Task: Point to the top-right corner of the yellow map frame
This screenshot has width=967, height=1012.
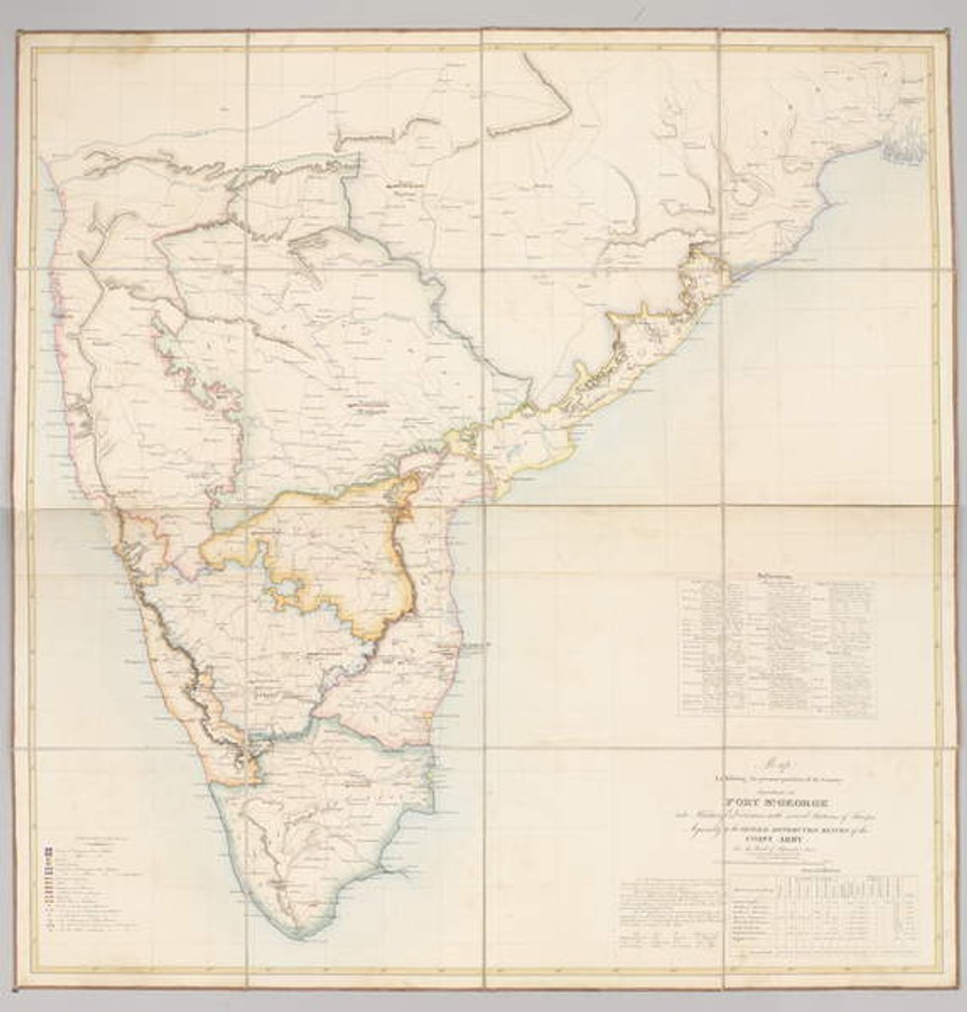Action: tap(933, 47)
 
